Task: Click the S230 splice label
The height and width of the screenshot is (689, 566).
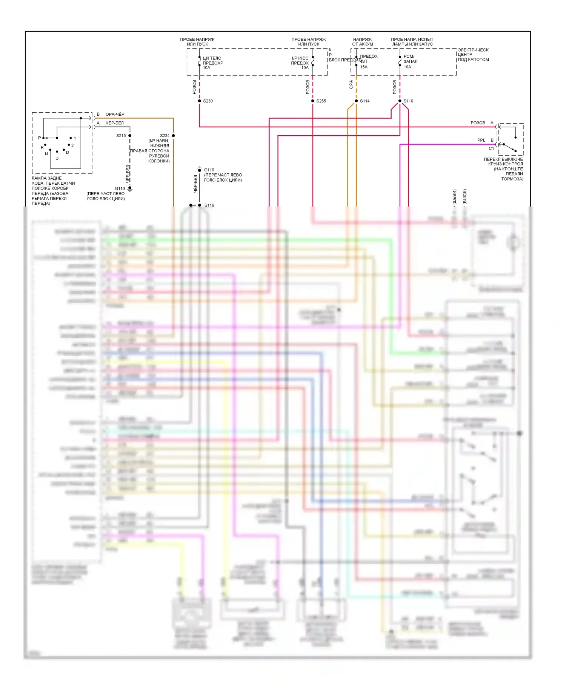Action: click(208, 101)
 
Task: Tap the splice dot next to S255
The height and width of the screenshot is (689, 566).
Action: click(313, 101)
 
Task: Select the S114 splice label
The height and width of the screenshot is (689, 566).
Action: click(365, 101)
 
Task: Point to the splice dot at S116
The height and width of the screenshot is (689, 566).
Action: click(400, 101)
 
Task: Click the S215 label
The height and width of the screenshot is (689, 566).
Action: click(121, 136)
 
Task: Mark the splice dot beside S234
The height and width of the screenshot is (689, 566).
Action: click(174, 136)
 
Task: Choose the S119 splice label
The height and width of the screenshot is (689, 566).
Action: click(209, 205)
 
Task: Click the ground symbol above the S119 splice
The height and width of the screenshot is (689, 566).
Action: click(200, 169)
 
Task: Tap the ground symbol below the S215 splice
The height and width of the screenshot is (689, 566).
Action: click(130, 189)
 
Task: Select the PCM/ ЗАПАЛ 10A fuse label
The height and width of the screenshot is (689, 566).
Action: click(410, 61)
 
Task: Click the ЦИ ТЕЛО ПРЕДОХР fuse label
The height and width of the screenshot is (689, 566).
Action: click(212, 61)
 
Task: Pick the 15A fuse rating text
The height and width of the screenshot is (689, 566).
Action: click(364, 67)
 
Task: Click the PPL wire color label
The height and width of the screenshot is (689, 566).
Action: click(481, 140)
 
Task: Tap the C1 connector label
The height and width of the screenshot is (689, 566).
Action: click(491, 149)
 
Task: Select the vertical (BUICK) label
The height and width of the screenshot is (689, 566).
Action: click(464, 197)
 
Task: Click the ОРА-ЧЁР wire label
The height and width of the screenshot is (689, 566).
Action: click(115, 114)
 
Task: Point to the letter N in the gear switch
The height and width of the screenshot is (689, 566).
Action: click(46, 154)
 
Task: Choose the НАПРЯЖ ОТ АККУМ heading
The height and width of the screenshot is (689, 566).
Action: click(363, 41)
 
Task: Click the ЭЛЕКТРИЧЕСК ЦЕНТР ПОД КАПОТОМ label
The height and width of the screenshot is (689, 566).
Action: click(473, 55)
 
